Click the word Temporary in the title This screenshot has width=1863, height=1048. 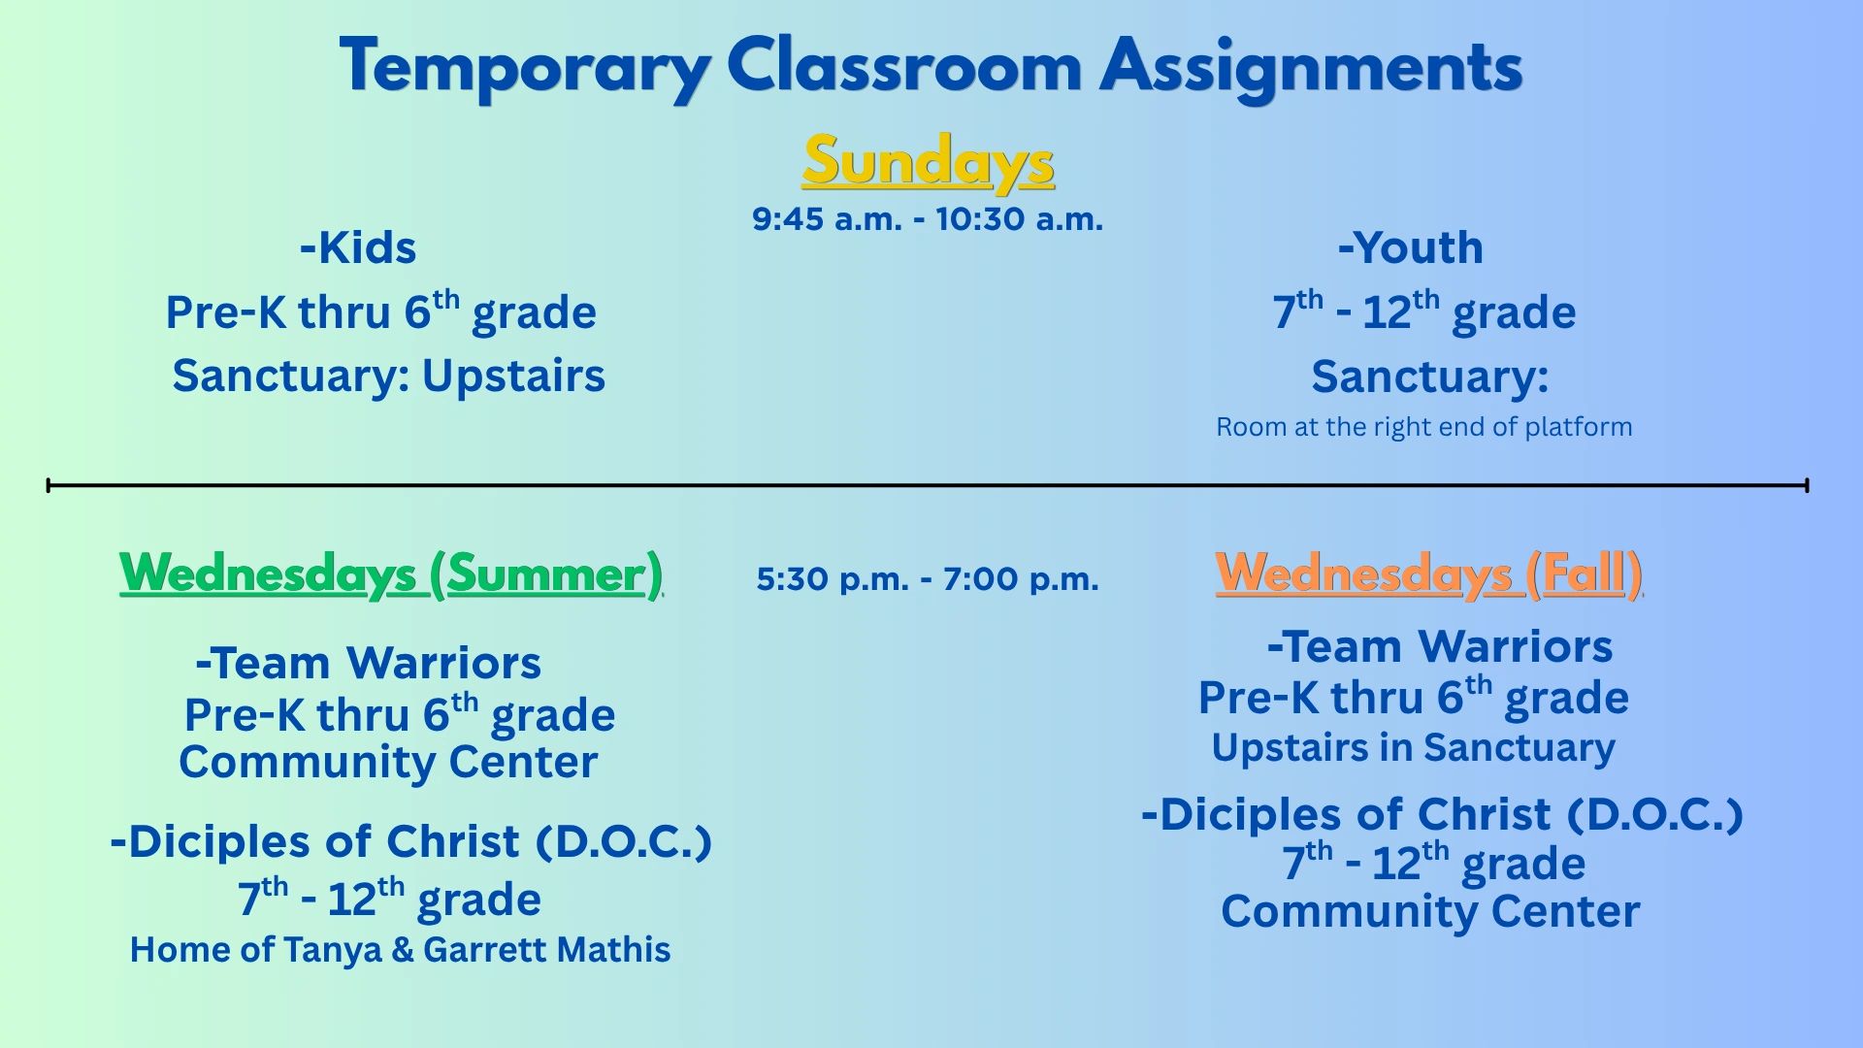pyautogui.click(x=525, y=68)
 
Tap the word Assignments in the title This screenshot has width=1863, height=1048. pyautogui.click(x=1311, y=68)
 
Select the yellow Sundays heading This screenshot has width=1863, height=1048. pyautogui.click(x=929, y=162)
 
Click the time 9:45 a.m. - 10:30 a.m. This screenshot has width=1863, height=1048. pyautogui.click(x=928, y=218)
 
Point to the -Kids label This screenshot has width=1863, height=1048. pyautogui.click(x=358, y=247)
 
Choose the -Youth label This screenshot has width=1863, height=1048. pyautogui.click(x=1411, y=247)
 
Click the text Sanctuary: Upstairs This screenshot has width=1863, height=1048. pyautogui.click(x=388, y=377)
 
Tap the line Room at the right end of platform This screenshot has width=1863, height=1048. pyautogui.click(x=1424, y=427)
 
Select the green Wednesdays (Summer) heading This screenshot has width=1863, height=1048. pyautogui.click(x=391, y=573)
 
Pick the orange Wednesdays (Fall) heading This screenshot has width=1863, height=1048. pyautogui.click(x=1428, y=573)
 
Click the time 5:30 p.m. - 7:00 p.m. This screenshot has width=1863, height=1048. pyautogui.click(x=928, y=579)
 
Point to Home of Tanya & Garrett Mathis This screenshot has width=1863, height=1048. pyautogui.click(x=400, y=949)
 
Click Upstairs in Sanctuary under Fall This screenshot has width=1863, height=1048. pyautogui.click(x=1414, y=748)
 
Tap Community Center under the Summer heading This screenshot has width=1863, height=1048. pyautogui.click(x=388, y=763)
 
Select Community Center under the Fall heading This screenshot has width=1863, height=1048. pyautogui.click(x=1430, y=912)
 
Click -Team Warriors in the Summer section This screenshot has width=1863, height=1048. pyautogui.click(x=368, y=664)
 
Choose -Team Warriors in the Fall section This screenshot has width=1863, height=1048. pyautogui.click(x=1440, y=647)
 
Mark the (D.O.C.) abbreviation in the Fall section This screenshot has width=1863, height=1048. pyautogui.click(x=1655, y=815)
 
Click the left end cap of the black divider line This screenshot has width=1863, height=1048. pyautogui.click(x=49, y=485)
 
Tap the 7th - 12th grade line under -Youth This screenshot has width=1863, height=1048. pyautogui.click(x=1424, y=311)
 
